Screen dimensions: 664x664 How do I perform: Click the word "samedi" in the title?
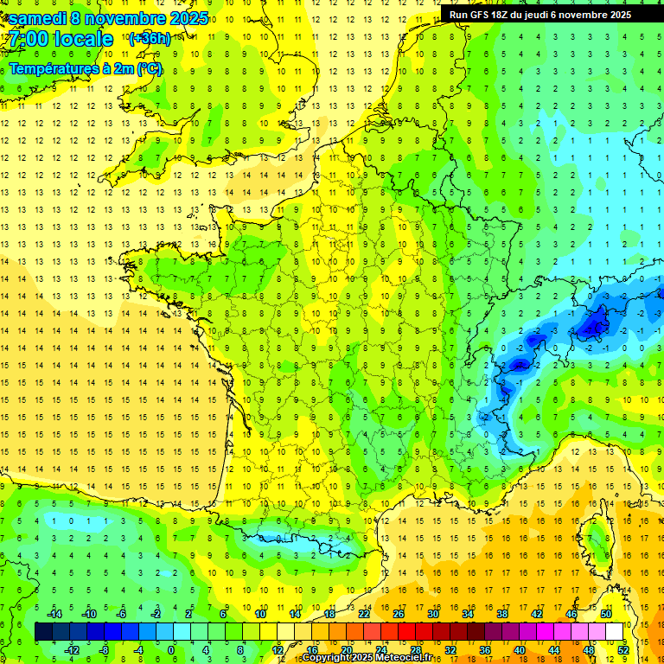click(x=36, y=18)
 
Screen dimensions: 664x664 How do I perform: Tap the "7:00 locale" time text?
click(x=61, y=40)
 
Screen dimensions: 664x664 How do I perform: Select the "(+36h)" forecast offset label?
click(x=149, y=38)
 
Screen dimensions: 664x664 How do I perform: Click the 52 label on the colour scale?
click(x=622, y=650)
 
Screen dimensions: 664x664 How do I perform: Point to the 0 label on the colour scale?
click(x=170, y=650)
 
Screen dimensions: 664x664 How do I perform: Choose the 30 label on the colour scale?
click(x=432, y=614)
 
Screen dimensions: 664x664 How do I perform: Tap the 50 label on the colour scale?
click(x=605, y=614)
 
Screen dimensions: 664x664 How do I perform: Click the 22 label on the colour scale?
click(x=364, y=614)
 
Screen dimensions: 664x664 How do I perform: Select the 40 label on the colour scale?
click(x=519, y=650)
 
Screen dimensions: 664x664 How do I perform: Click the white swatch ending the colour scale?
click(x=614, y=632)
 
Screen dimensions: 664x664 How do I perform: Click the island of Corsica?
click(x=596, y=540)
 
